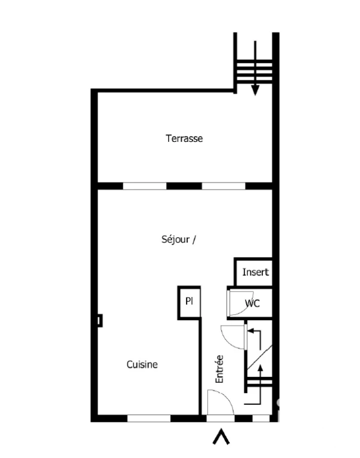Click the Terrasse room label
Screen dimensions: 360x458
(184, 138)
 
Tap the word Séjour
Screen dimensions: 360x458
(175, 240)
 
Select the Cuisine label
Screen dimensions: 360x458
(142, 364)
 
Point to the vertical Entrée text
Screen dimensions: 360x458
(219, 369)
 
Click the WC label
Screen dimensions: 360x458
(252, 303)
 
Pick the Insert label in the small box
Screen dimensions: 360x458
(256, 272)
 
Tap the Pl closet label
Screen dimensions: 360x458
(189, 301)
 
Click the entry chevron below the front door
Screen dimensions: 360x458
(221, 437)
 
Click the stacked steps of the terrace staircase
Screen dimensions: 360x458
(255, 71)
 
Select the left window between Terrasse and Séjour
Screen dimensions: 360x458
(144, 186)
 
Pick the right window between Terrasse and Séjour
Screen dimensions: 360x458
(224, 186)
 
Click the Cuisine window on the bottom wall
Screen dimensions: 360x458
(149, 418)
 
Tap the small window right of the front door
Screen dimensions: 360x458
(261, 418)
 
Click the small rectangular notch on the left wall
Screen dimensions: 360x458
(100, 320)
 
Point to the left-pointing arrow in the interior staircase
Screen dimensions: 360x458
(254, 339)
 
